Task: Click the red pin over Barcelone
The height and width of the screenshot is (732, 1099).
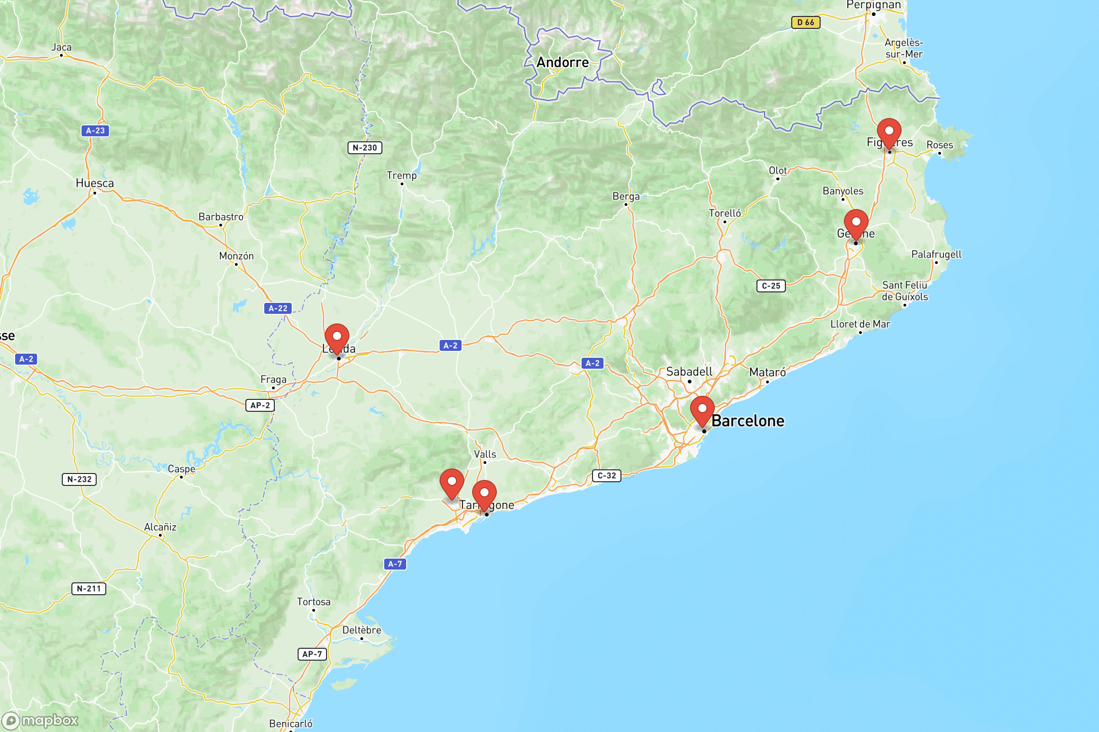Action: [x=702, y=410]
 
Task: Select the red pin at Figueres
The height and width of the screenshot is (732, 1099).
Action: [x=889, y=133]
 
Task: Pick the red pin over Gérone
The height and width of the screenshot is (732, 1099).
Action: [x=855, y=224]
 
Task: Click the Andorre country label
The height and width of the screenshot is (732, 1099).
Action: [x=563, y=63]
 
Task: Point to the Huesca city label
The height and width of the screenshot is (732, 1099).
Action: [x=95, y=183]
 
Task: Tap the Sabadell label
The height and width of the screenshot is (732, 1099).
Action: [x=689, y=372]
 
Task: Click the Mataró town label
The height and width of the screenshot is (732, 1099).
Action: [x=767, y=372]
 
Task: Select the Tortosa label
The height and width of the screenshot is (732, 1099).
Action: [x=314, y=602]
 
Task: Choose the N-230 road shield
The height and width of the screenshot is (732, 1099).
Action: [x=365, y=148]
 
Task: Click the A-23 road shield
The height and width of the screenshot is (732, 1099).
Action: [x=95, y=131]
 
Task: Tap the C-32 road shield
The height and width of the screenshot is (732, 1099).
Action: [x=606, y=476]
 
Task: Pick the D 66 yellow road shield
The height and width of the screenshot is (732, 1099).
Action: [x=805, y=22]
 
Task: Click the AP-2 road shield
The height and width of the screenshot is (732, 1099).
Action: [x=260, y=405]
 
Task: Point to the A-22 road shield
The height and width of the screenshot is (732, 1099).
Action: [x=277, y=308]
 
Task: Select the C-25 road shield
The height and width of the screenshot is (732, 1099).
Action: [x=771, y=285]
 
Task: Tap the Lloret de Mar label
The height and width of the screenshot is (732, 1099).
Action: [x=860, y=324]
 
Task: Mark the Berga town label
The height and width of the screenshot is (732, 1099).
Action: [x=626, y=197]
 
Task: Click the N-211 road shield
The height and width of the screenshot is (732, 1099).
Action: [x=89, y=589]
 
